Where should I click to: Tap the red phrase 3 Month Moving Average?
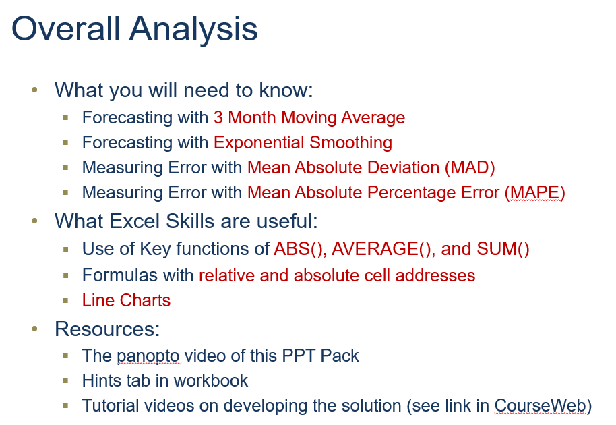point(309,117)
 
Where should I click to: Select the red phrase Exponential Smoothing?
point(303,142)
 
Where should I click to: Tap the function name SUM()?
point(503,249)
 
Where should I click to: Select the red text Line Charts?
point(126,300)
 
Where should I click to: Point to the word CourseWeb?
point(540,405)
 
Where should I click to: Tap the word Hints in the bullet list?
point(102,380)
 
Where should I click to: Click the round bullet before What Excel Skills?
point(36,221)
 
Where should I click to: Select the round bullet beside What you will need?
point(36,90)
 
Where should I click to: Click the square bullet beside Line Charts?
point(66,301)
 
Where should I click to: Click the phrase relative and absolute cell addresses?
point(337,275)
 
